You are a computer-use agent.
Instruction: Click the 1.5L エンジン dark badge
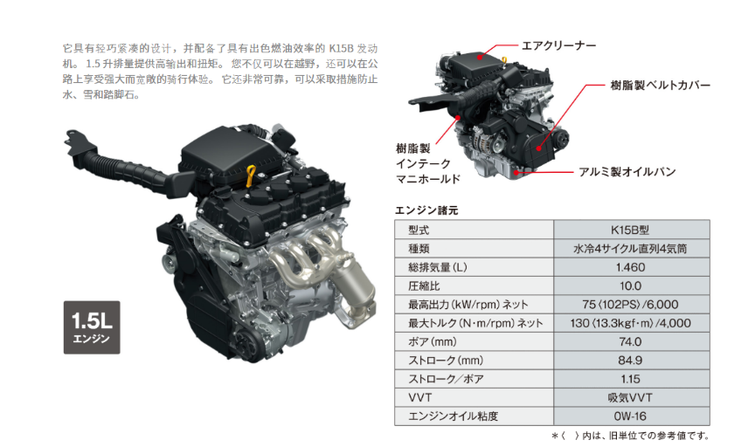pyautogui.click(x=92, y=327)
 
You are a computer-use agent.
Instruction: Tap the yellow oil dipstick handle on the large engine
pyautogui.click(x=251, y=175)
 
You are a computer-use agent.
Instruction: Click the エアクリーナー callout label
pyautogui.click(x=559, y=45)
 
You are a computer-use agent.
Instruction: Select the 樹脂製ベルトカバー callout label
pyautogui.click(x=660, y=86)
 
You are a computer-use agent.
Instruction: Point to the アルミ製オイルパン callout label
pyautogui.click(x=627, y=172)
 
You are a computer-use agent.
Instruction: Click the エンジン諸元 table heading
pyautogui.click(x=426, y=210)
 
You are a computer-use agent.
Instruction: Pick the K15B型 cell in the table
pyautogui.click(x=631, y=230)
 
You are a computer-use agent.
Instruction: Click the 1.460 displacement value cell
pyautogui.click(x=631, y=267)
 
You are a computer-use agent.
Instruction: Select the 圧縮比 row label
pyautogui.click(x=424, y=285)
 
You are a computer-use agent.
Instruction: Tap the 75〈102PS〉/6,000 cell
pyautogui.click(x=631, y=305)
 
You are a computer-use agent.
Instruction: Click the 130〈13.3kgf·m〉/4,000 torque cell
pyautogui.click(x=631, y=323)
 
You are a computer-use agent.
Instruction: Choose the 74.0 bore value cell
pyautogui.click(x=631, y=341)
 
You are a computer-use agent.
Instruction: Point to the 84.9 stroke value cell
pyautogui.click(x=631, y=361)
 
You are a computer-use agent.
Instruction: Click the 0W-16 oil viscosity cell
pyautogui.click(x=631, y=416)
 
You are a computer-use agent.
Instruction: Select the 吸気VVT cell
pyautogui.click(x=631, y=398)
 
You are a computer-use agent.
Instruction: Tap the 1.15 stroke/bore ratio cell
pyautogui.click(x=631, y=379)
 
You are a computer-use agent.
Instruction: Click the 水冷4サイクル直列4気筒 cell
pyautogui.click(x=631, y=249)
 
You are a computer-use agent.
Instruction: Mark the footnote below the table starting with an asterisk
pyautogui.click(x=630, y=436)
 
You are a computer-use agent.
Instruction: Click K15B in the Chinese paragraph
pyautogui.click(x=342, y=49)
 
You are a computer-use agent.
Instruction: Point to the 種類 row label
pyautogui.click(x=419, y=249)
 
